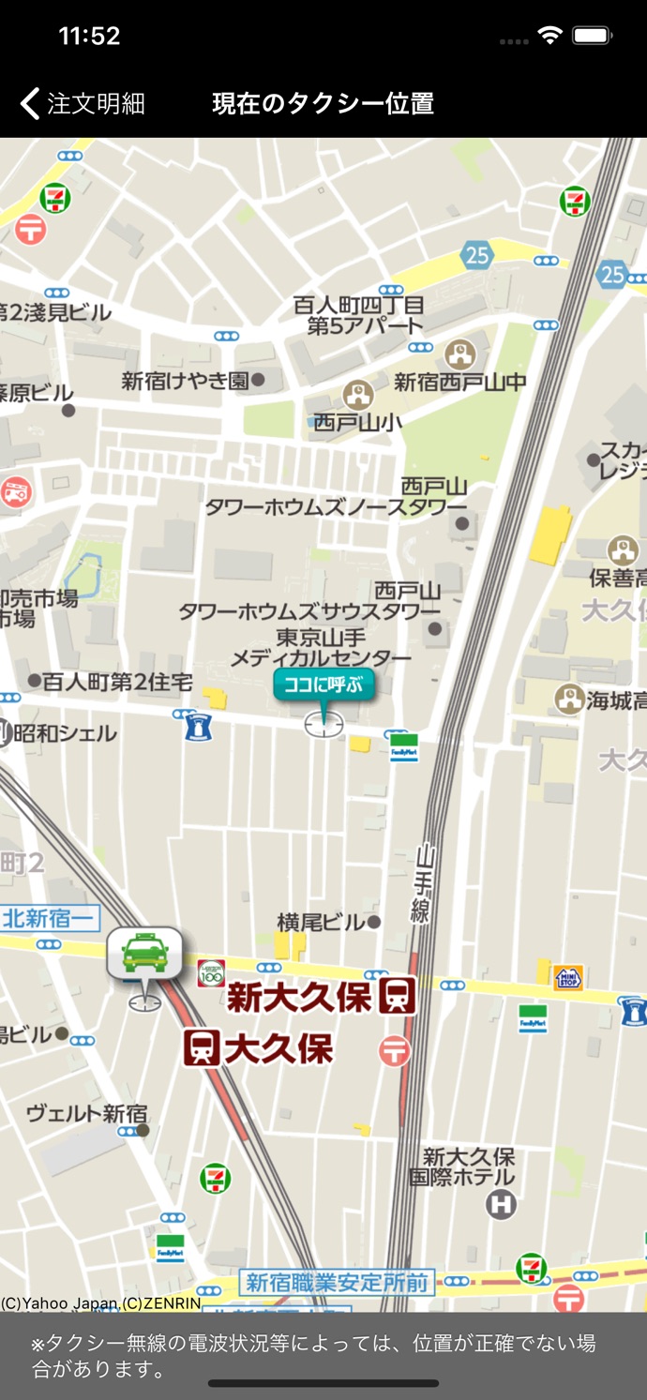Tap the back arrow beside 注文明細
[30, 103]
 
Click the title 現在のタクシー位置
[323, 103]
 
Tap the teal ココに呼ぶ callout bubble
[323, 685]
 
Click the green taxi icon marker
[143, 954]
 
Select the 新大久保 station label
[300, 997]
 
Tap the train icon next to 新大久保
[398, 996]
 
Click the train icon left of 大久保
[202, 1047]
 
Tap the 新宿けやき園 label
[186, 381]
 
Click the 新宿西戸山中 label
[459, 382]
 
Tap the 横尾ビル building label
[321, 923]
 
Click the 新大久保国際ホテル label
[468, 1167]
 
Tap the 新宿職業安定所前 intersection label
[338, 1283]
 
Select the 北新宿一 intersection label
[49, 918]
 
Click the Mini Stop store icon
[567, 978]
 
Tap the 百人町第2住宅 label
[117, 681]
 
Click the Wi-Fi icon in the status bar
[549, 36]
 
